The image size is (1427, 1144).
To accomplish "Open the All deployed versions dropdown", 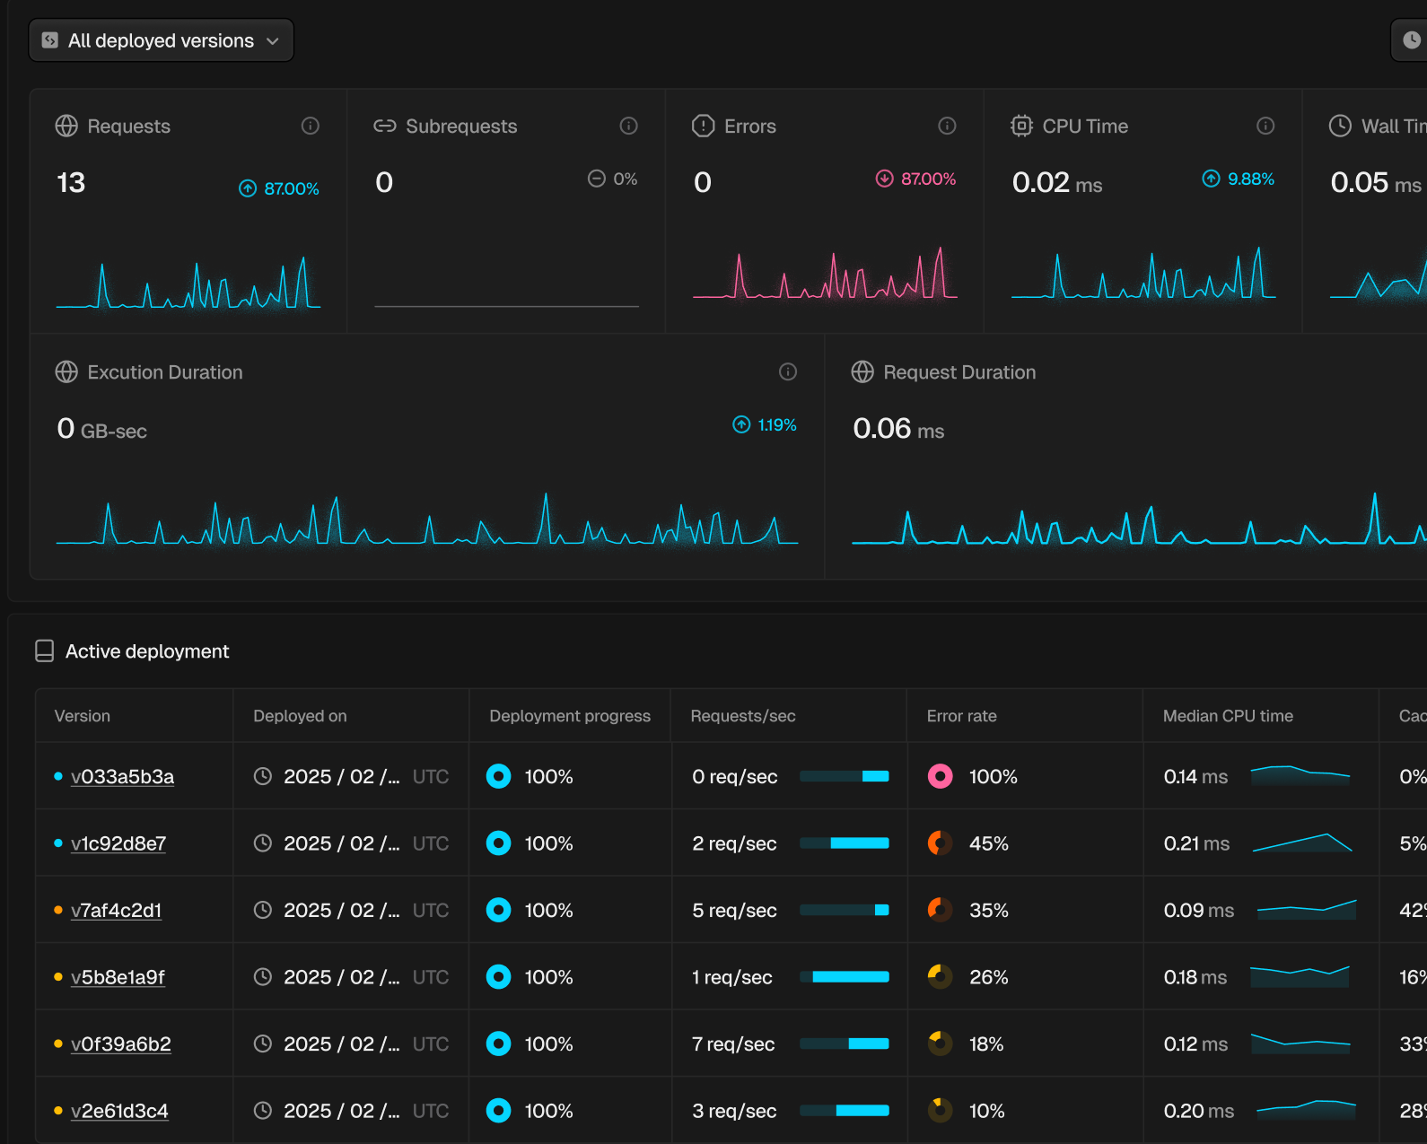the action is (162, 40).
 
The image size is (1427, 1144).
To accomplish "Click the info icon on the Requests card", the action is (311, 126).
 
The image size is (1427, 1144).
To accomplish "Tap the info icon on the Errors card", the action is (947, 126).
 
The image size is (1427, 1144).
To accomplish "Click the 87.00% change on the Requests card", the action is (279, 188).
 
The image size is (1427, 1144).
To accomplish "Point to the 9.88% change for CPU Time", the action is (1238, 179).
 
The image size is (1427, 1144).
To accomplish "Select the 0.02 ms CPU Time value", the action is (1057, 182).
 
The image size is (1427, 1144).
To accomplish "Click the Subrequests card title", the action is (461, 126).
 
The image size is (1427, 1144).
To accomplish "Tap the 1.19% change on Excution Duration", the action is (765, 424).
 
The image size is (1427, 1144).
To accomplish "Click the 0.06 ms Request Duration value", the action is (898, 429).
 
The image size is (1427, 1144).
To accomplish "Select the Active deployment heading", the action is (147, 651).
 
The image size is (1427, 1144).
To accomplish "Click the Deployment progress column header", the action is (570, 716).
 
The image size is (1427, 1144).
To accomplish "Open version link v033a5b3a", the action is (123, 776).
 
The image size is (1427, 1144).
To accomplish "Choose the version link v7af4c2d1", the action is (116, 910).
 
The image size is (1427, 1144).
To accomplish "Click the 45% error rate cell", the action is (989, 843).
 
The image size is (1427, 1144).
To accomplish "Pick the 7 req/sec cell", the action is (733, 1044).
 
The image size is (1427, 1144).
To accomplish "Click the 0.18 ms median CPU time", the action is (1195, 977).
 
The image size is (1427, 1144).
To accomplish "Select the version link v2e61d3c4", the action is (120, 1111).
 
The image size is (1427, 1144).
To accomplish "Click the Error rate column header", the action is (961, 716).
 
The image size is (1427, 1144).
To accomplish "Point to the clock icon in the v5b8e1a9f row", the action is (263, 976).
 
